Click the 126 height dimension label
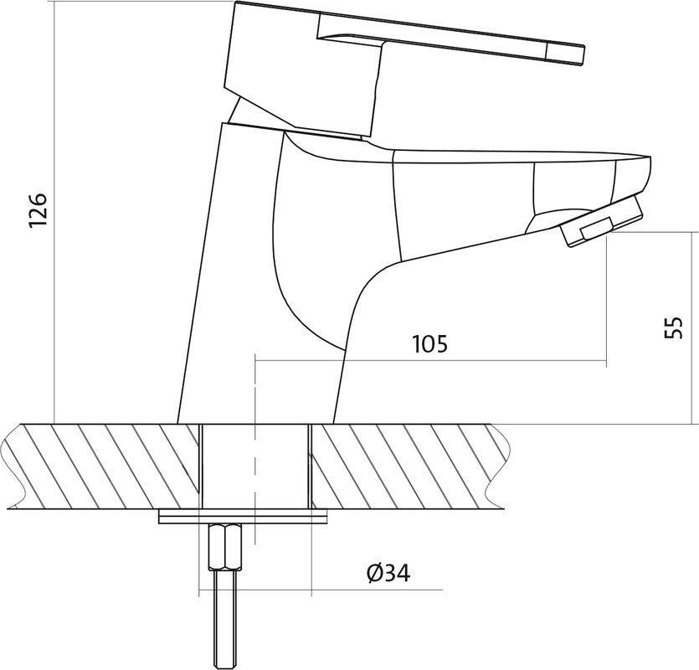tap(38, 210)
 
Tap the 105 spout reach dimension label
tap(429, 344)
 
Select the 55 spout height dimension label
tap(673, 327)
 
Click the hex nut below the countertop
tap(225, 546)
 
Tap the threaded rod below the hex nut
tap(224, 620)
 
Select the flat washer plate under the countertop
tap(243, 518)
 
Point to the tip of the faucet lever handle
tap(583, 55)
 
